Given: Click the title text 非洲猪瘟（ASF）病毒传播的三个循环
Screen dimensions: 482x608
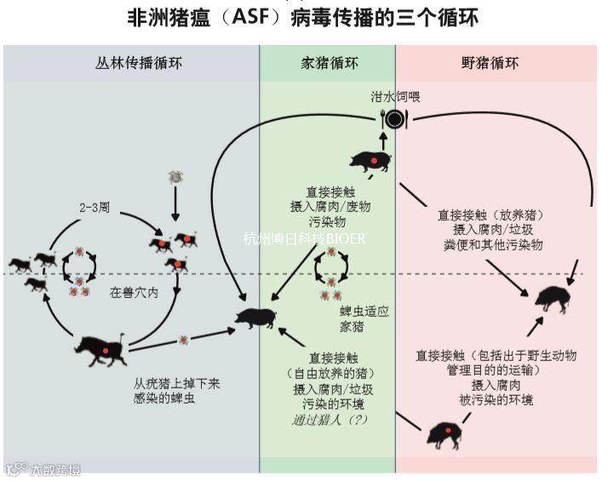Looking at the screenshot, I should (x=303, y=17).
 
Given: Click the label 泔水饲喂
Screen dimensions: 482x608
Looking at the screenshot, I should (x=394, y=97).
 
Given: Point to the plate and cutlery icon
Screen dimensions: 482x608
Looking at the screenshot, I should (x=393, y=119).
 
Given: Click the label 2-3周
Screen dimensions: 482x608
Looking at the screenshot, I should (x=95, y=207).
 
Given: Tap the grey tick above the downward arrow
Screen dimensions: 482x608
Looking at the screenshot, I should (x=175, y=177).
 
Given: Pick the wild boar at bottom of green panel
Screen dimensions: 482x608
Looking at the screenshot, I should (x=445, y=433).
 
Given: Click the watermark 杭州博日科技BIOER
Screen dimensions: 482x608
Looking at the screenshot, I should (x=304, y=238).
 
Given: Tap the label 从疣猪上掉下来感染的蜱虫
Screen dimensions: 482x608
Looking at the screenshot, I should (x=176, y=391).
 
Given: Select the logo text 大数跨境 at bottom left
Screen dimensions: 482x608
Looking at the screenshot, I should (x=44, y=468).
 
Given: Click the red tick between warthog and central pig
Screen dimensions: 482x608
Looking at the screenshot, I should (x=182, y=340).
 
